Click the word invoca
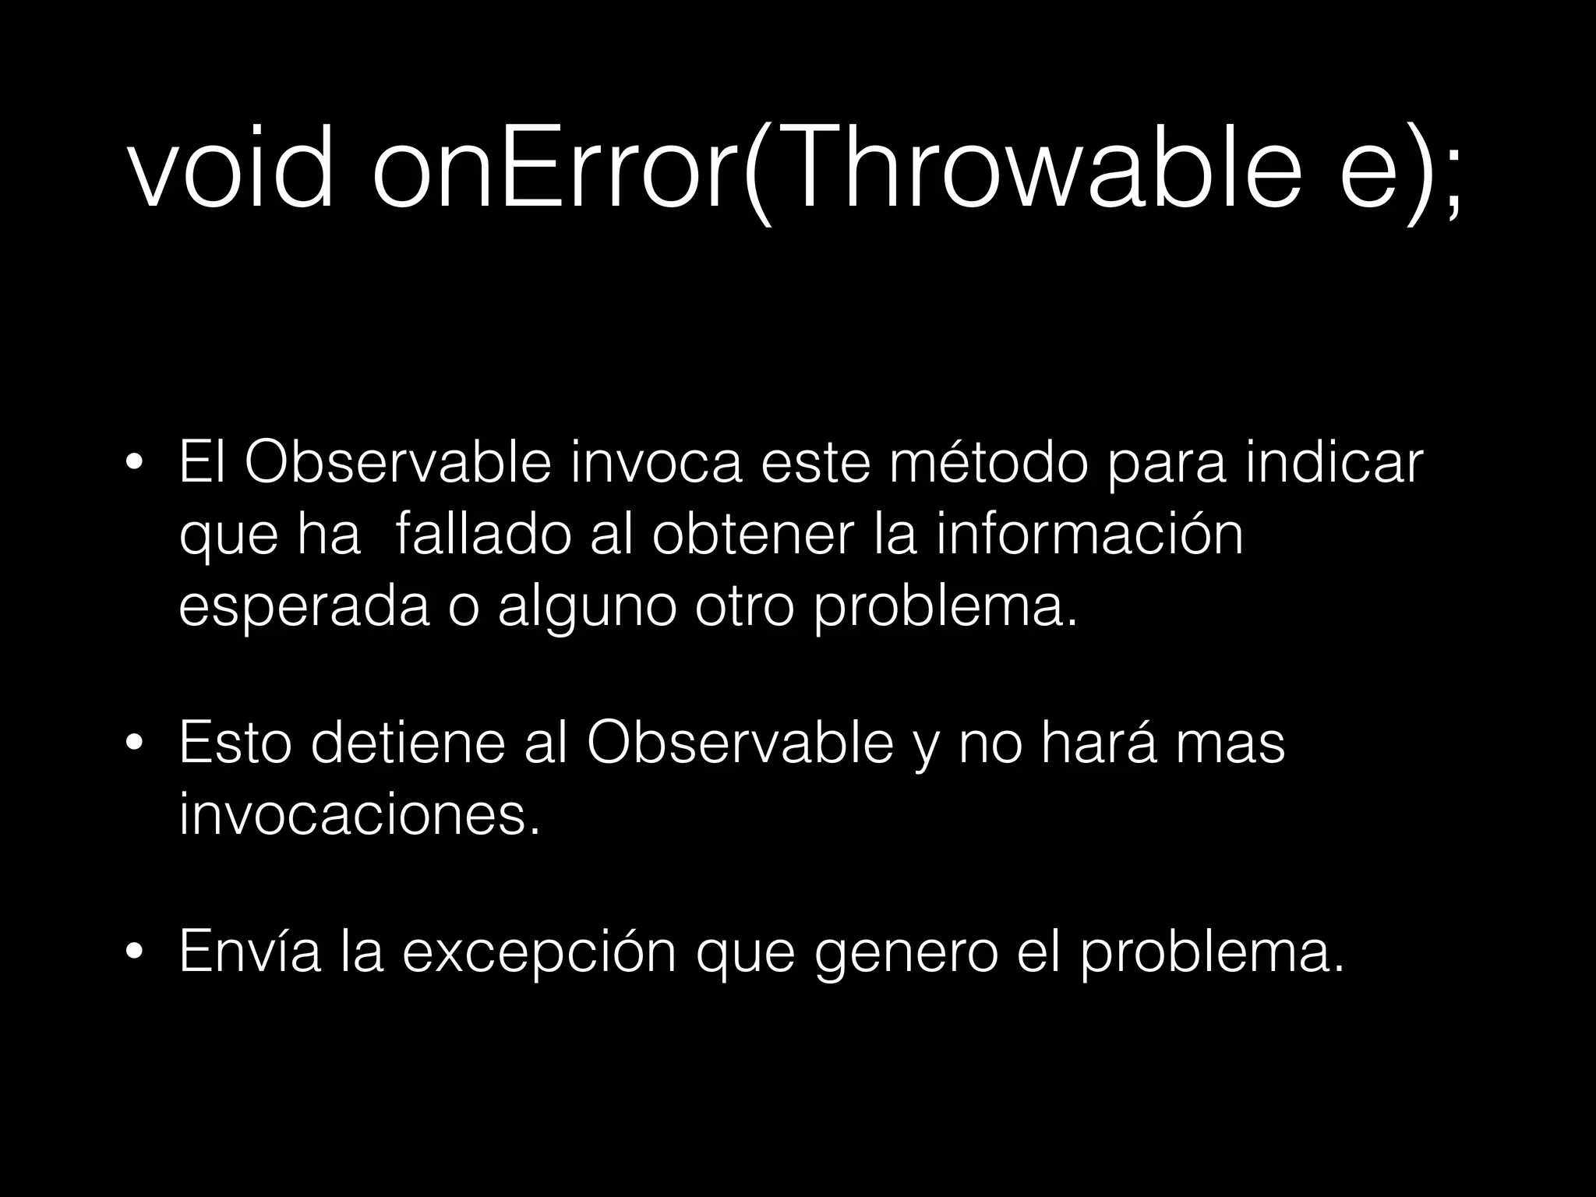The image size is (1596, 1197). [x=656, y=463]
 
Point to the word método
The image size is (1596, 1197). [x=988, y=463]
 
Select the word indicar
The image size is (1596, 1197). [x=1334, y=463]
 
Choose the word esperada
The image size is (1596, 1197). [x=304, y=608]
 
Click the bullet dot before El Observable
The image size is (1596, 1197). [x=135, y=465]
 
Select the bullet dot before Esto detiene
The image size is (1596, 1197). [x=135, y=745]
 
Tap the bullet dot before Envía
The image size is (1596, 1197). [x=135, y=953]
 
